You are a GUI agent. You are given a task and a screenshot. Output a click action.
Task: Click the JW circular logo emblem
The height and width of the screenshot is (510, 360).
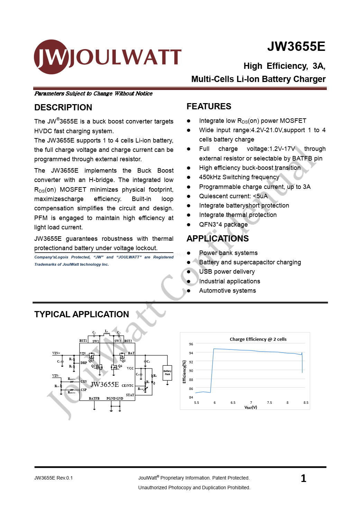(51, 57)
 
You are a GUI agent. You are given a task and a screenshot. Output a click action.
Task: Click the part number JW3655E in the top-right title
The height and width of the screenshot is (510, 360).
(296, 47)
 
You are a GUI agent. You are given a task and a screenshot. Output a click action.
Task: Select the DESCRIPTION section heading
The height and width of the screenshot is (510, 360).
(63, 108)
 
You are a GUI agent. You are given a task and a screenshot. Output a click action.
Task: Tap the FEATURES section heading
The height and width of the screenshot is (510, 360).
(209, 107)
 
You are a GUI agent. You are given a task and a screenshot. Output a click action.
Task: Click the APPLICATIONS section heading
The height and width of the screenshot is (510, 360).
(218, 239)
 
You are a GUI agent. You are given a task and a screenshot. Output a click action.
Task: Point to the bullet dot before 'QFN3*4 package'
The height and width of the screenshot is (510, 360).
(188, 225)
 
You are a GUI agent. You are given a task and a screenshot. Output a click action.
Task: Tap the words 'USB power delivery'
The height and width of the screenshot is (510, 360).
(227, 272)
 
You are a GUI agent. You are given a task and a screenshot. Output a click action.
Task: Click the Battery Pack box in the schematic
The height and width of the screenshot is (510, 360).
(167, 373)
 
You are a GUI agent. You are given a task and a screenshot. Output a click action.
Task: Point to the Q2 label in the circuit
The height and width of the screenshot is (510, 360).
(93, 366)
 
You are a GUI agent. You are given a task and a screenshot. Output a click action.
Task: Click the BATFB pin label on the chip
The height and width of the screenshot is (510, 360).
(94, 399)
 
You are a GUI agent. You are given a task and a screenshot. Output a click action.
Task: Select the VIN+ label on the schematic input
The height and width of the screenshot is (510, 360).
(56, 353)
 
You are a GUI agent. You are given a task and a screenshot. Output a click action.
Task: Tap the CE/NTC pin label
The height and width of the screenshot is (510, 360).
(128, 385)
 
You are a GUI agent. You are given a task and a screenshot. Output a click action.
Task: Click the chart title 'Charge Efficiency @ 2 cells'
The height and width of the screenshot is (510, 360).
(258, 339)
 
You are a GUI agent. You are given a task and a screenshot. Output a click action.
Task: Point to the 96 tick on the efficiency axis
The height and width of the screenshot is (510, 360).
(191, 344)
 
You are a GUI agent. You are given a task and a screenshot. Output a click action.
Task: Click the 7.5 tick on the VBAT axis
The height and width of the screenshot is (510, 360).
(269, 403)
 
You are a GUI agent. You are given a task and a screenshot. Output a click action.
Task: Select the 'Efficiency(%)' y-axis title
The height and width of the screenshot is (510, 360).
(184, 372)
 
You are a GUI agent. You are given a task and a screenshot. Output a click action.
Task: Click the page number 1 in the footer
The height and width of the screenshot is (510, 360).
(303, 479)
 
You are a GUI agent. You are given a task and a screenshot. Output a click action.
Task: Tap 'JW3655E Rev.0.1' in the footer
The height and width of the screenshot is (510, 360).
(54, 478)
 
